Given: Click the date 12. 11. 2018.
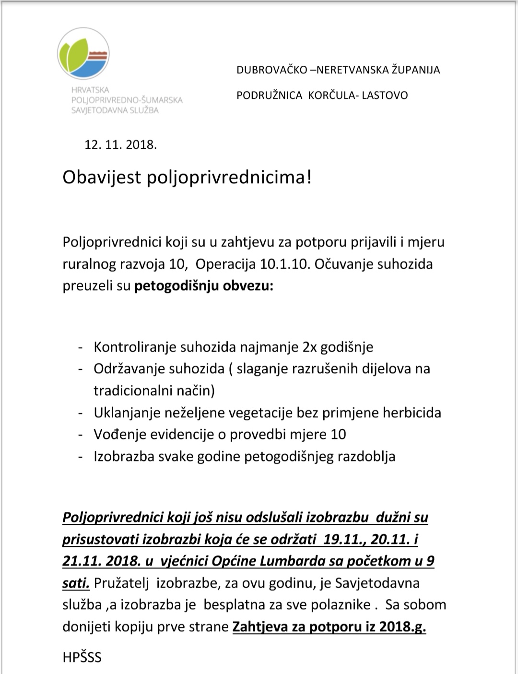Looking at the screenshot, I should click(120, 144).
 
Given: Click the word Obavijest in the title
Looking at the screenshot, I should click(102, 177).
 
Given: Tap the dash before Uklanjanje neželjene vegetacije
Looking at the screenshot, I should click(81, 413).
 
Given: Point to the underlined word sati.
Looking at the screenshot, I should click(76, 583).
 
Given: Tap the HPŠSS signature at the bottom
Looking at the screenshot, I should click(82, 657).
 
